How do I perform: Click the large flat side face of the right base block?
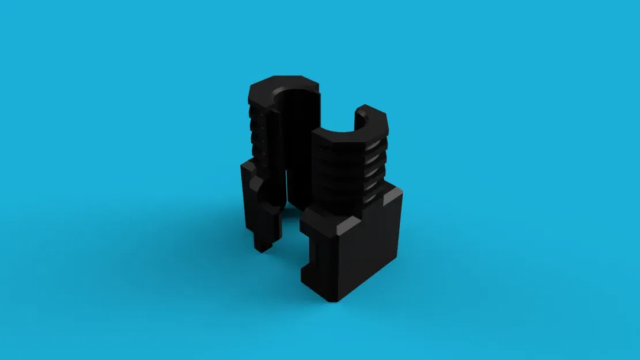369,248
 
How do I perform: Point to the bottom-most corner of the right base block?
334,300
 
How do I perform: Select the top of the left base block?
248,167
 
